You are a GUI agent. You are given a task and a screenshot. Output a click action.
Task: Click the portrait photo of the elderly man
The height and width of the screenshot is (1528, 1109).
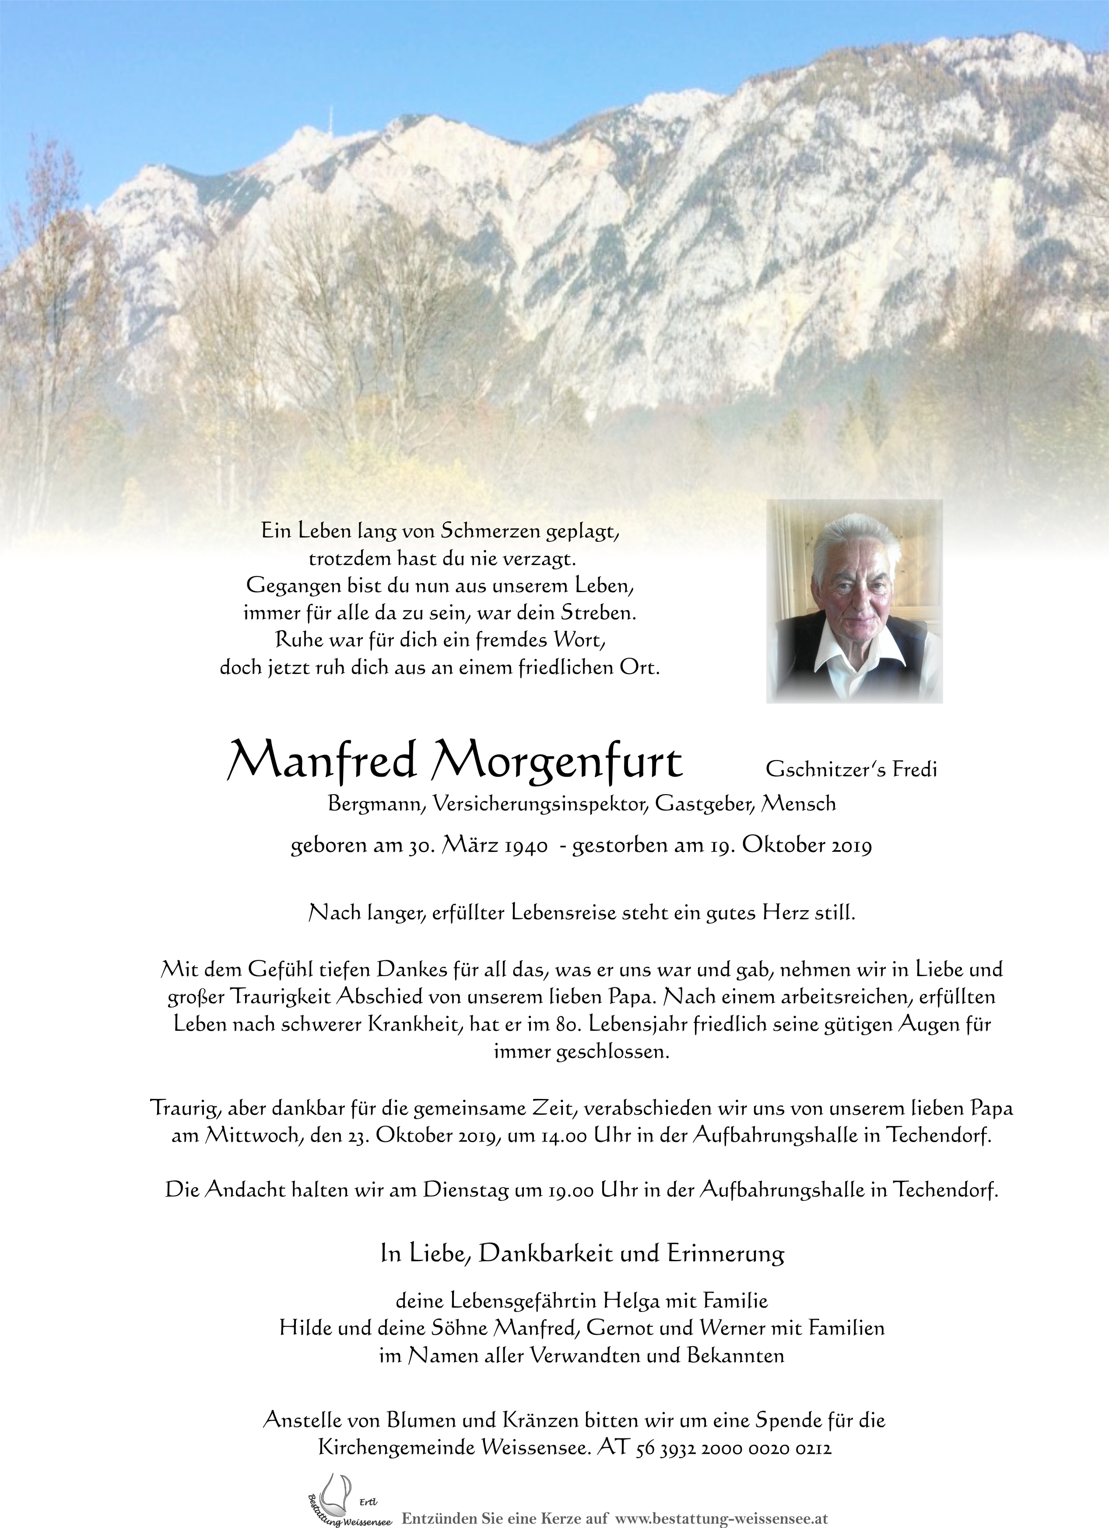[x=854, y=601]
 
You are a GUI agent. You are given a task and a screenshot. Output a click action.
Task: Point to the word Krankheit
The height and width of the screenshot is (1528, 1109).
[x=404, y=1025]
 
